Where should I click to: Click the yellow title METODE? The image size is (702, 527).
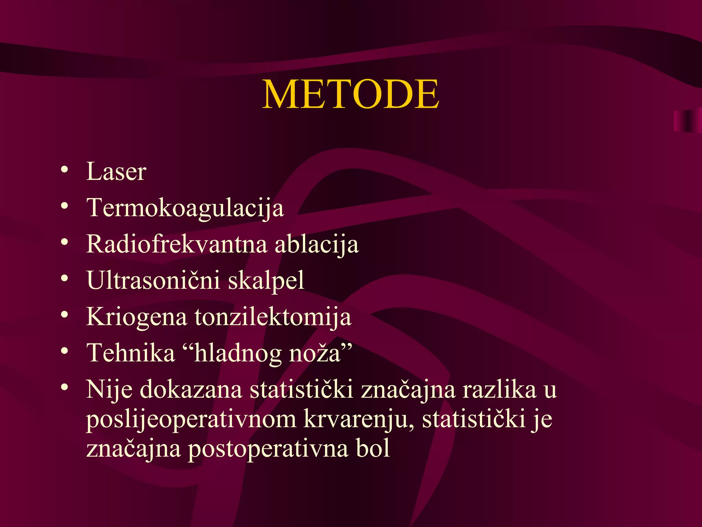pos(350,94)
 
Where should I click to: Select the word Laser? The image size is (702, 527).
pos(116,171)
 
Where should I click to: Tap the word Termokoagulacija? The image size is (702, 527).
pos(185,208)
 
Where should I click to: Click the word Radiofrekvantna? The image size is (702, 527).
pos(177,244)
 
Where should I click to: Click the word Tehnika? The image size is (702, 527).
pos(130,353)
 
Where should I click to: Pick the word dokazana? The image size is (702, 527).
pos(191,390)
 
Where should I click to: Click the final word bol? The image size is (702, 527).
pos(373,449)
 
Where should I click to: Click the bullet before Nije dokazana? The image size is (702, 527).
pos(64,387)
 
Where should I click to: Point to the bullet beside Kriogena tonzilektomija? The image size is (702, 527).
pos(64,315)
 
